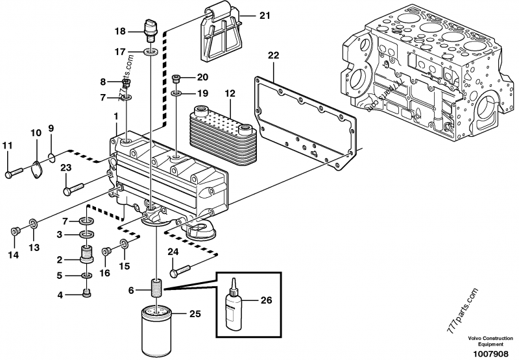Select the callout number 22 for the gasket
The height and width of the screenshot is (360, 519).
coord(273,56)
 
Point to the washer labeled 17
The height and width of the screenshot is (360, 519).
coord(151,51)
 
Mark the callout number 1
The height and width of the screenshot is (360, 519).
coord(115,115)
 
